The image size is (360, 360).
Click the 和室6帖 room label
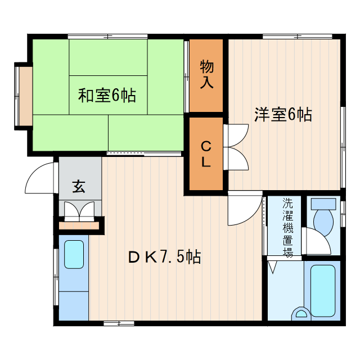[x=107, y=96]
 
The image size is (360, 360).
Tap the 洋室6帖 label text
[x=283, y=114]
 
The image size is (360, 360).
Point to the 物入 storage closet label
[x=206, y=75]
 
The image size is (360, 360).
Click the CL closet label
[x=206, y=154]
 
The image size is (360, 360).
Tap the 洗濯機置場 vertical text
[x=287, y=228]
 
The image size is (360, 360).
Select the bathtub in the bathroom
[x=322, y=289]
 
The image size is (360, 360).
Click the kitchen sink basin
[x=74, y=255]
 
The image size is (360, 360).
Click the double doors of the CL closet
[x=236, y=148]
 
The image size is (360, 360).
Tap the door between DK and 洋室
[x=243, y=209]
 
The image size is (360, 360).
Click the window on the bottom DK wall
[x=119, y=323]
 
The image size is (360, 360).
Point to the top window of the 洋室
[x=284, y=37]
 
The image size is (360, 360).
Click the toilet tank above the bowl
[x=323, y=204]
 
